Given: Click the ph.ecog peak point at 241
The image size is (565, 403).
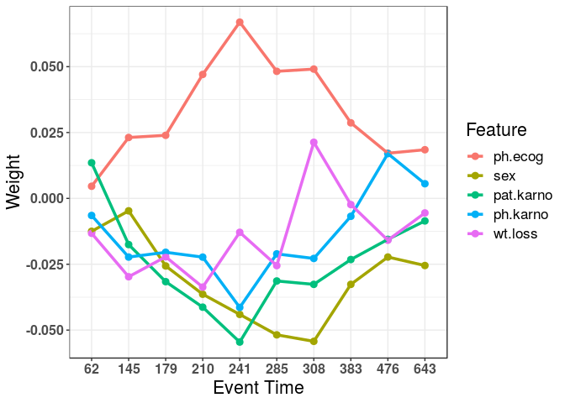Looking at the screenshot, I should pyautogui.click(x=240, y=22).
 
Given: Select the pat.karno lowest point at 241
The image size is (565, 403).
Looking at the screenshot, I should pyautogui.click(x=240, y=342).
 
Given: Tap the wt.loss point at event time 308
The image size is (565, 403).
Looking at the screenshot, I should pyautogui.click(x=314, y=143).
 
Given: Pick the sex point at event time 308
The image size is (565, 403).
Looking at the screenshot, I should pyautogui.click(x=314, y=341).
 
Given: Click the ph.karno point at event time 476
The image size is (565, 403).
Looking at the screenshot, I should pyautogui.click(x=388, y=154).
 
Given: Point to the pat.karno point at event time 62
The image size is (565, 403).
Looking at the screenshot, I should pyautogui.click(x=92, y=163).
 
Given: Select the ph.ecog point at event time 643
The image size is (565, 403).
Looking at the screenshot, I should pyautogui.click(x=425, y=149).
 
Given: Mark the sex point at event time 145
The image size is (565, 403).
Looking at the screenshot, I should pyautogui.click(x=129, y=211).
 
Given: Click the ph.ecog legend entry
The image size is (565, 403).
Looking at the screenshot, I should pyautogui.click(x=502, y=156).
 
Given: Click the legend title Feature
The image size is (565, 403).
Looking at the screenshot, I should pyautogui.click(x=496, y=130).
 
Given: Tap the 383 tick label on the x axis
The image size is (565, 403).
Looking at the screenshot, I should pyautogui.click(x=351, y=369).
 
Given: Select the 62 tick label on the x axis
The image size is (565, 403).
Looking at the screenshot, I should pyautogui.click(x=92, y=369).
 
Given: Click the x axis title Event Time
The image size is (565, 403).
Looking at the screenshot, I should pyautogui.click(x=258, y=388).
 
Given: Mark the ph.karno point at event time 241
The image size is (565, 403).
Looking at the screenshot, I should pyautogui.click(x=240, y=308).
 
